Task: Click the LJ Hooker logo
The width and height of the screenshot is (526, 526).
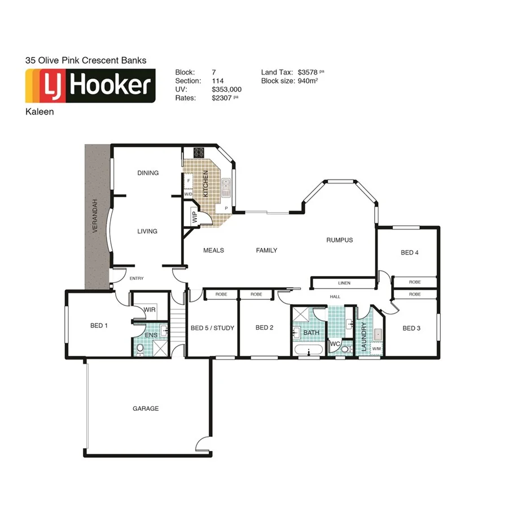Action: click(x=90, y=86)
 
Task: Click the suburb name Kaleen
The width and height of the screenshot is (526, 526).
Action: click(x=40, y=112)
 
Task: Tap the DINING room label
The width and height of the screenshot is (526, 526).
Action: click(x=148, y=173)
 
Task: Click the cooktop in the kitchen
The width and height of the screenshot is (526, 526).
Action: click(x=199, y=152)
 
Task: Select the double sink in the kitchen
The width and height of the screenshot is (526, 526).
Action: click(x=226, y=186)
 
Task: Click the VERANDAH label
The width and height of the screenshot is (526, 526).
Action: click(x=96, y=216)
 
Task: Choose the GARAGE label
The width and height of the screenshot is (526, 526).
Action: click(x=146, y=409)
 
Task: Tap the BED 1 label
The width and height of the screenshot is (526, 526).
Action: click(x=99, y=326)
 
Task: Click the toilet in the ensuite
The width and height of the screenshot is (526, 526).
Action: click(x=140, y=349)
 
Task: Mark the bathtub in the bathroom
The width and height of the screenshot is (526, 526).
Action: click(x=308, y=351)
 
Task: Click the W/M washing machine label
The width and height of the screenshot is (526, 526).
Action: click(x=376, y=349)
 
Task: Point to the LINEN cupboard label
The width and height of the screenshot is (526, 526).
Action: click(x=344, y=283)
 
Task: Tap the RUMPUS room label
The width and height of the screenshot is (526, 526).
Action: click(x=339, y=240)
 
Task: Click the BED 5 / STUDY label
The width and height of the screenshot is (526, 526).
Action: click(x=212, y=328)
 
